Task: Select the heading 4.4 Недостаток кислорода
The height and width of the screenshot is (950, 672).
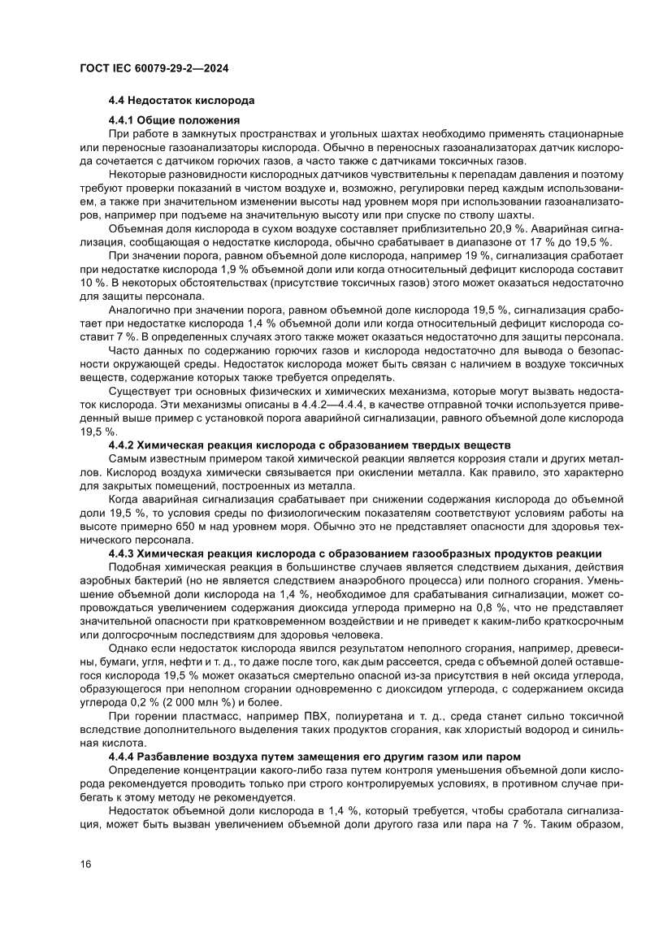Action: [x=182, y=101]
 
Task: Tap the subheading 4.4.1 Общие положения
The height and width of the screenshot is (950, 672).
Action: [x=173, y=120]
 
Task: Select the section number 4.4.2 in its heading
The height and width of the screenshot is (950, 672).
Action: [x=121, y=445]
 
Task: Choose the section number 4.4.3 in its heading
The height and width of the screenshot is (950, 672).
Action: [x=121, y=554]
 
